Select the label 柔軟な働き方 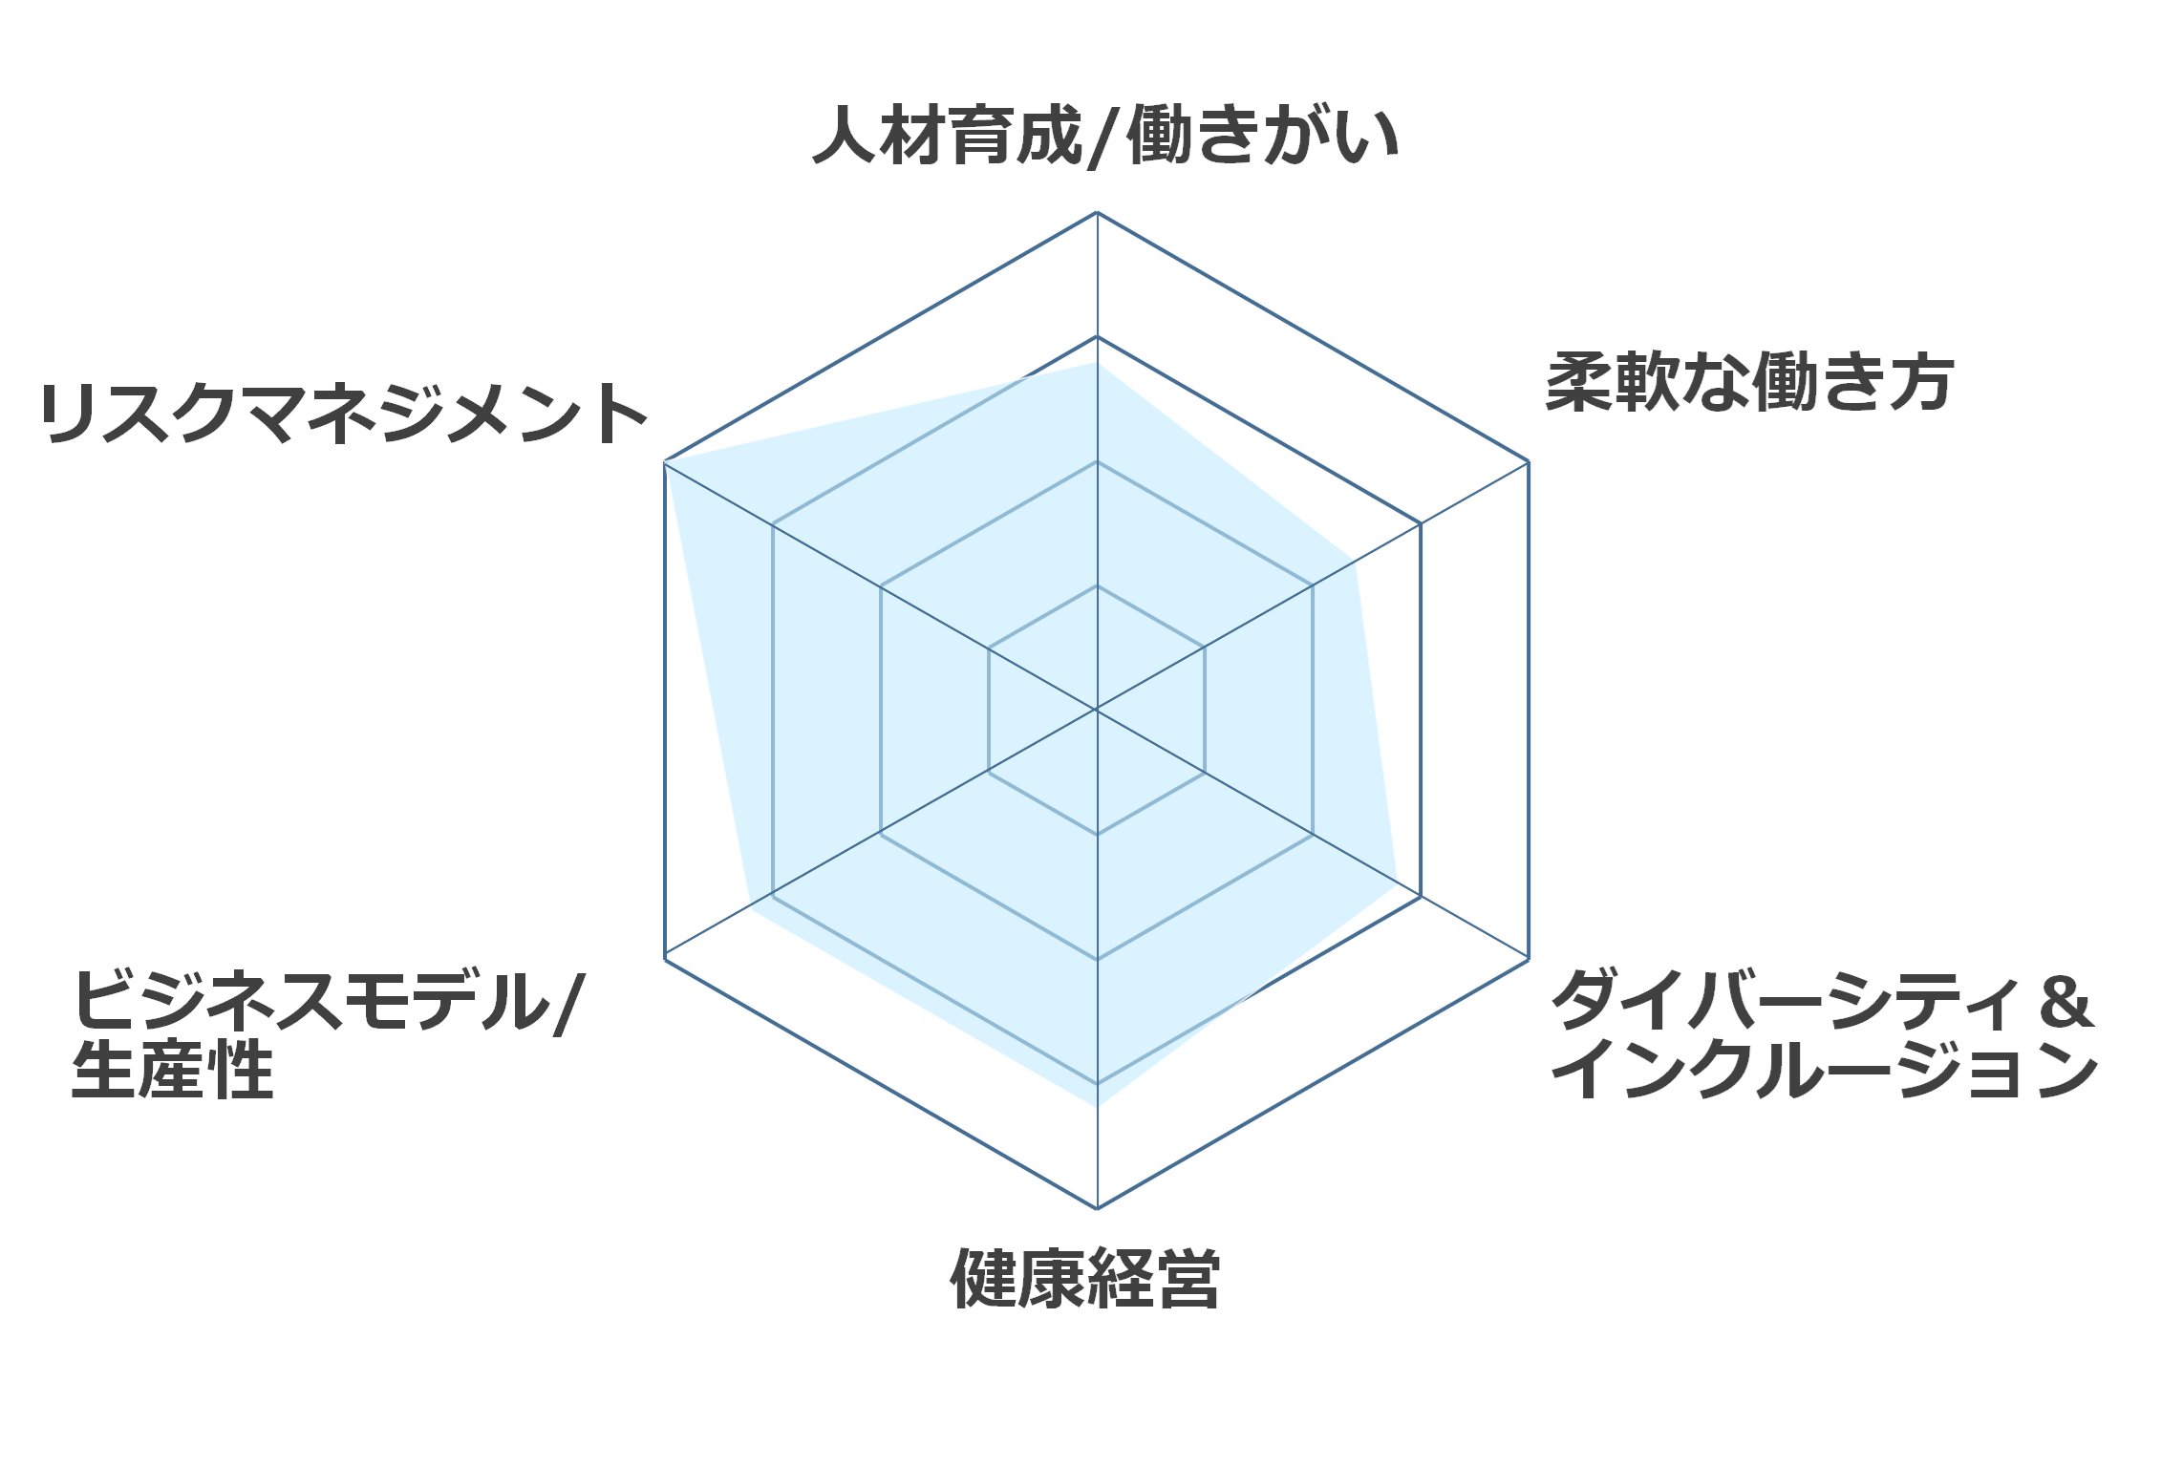1750,382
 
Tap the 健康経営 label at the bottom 1085,1278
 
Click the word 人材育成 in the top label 947,135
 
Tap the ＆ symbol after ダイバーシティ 2065,1002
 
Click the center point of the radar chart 1097,710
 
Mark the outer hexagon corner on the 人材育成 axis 1097,212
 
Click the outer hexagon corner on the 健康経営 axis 1097,1208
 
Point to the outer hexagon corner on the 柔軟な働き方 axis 1529,461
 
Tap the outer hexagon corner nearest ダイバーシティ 1529,959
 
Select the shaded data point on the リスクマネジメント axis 665,462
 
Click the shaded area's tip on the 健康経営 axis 1098,1106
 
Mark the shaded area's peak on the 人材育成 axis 1097,363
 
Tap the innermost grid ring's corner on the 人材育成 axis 1097,585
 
